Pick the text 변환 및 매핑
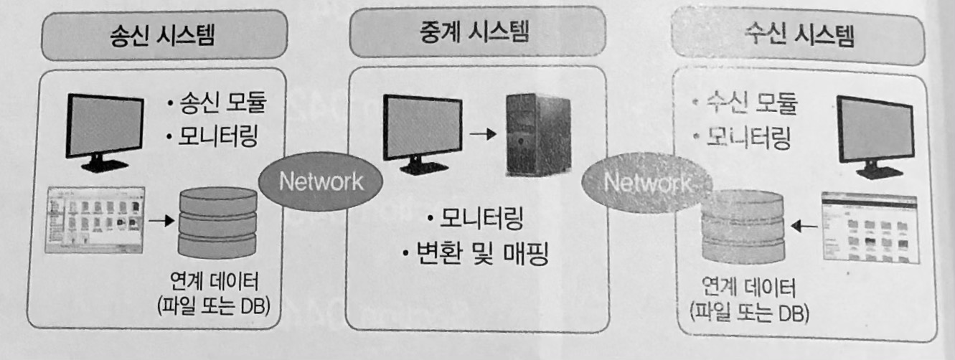pos(474,253)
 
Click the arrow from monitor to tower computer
pos(485,133)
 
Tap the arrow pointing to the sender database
pos(163,220)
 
